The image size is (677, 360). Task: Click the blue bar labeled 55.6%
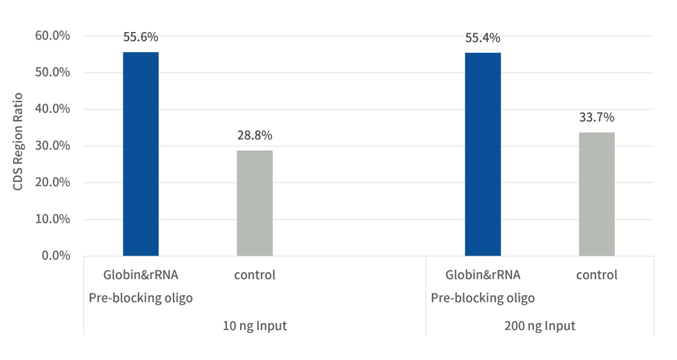[140, 154]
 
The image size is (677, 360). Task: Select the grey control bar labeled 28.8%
[255, 203]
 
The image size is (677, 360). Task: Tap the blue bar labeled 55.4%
[483, 154]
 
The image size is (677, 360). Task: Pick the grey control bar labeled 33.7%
[597, 194]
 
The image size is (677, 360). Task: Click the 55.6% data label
[140, 38]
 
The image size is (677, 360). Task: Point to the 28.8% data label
[255, 135]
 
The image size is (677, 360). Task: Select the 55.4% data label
[483, 38]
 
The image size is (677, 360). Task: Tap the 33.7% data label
[597, 118]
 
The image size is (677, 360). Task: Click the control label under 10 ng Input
[255, 275]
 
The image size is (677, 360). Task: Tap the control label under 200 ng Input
[597, 275]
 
